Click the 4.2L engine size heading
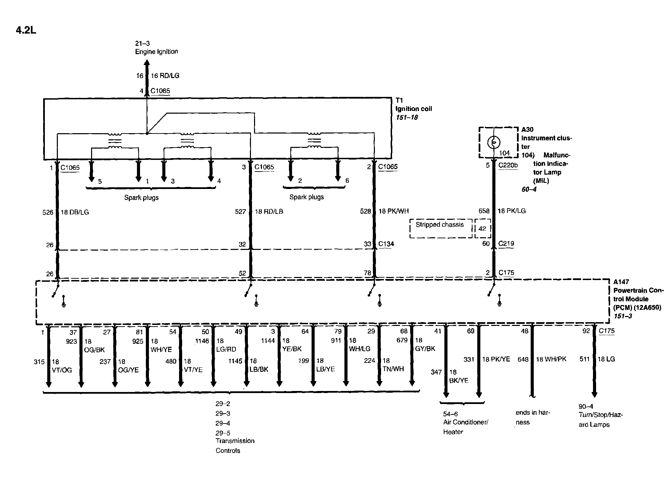coord(26,30)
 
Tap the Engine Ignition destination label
coord(156,52)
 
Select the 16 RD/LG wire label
coord(165,76)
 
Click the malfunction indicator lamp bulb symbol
coord(494,142)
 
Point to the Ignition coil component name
coord(414,109)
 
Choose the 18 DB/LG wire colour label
coord(75,212)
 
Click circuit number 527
coord(240,212)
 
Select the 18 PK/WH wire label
coord(393,211)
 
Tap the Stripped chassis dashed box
coord(441,228)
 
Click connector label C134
coord(386,244)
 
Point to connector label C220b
coord(508,165)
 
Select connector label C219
coord(506,243)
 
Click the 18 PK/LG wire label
coord(512,211)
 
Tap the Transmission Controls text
coord(235,445)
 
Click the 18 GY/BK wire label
coord(425,344)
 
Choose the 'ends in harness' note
coord(532,417)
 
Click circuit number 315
coord(39,362)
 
